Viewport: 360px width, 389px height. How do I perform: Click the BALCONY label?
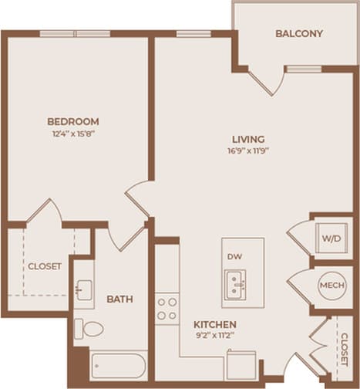[x=298, y=34]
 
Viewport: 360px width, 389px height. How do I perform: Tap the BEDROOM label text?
[x=73, y=121]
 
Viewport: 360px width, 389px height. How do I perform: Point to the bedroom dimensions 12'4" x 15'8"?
[x=73, y=133]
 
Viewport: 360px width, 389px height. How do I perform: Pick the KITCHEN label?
[x=214, y=324]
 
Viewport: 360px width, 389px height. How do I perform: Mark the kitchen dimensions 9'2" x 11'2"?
[x=214, y=336]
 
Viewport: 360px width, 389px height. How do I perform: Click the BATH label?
[x=119, y=299]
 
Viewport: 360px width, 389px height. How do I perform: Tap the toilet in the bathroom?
[x=89, y=330]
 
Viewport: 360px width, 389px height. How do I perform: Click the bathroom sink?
[x=83, y=290]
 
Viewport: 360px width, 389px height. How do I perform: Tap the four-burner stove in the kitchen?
[x=167, y=308]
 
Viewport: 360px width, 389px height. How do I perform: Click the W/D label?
[x=332, y=239]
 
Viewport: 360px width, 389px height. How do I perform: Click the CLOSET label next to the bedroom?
[x=45, y=266]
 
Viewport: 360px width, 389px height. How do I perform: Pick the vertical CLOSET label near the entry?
[x=343, y=349]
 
